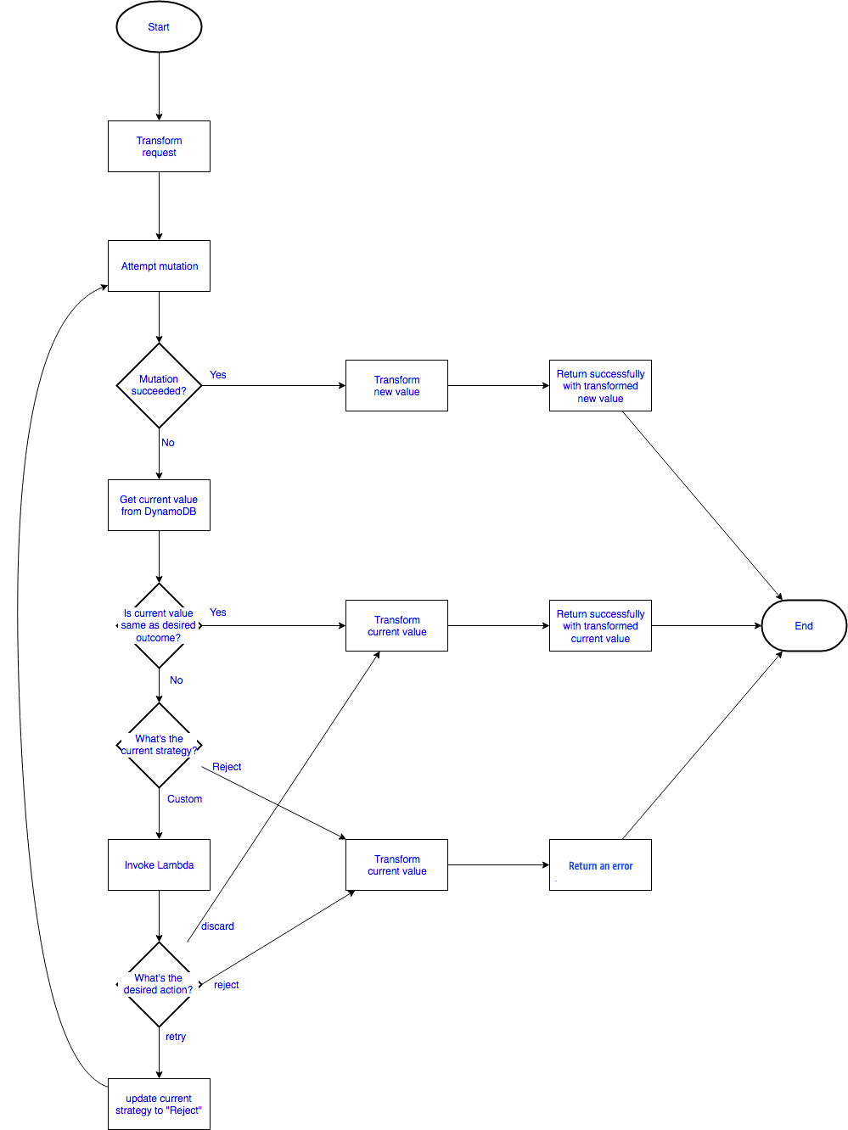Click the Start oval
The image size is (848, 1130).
pyautogui.click(x=159, y=27)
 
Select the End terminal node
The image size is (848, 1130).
pyautogui.click(x=803, y=626)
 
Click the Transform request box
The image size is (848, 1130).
pyautogui.click(x=159, y=147)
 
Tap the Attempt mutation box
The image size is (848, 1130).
pyautogui.click(x=159, y=266)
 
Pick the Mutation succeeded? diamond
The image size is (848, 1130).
pyautogui.click(x=159, y=385)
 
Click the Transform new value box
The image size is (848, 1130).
pyautogui.click(x=396, y=386)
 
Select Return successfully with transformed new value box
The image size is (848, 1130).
pyautogui.click(x=600, y=386)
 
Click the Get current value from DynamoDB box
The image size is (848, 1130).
pyautogui.click(x=159, y=506)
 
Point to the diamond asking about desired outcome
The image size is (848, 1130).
pyautogui.click(x=159, y=625)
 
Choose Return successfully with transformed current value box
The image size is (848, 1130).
pyautogui.click(x=600, y=626)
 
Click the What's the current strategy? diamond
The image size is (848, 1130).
pyautogui.click(x=159, y=745)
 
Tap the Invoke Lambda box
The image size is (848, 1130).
pyautogui.click(x=159, y=865)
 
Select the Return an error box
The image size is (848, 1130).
pyautogui.click(x=600, y=865)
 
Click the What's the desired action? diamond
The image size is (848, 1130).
pyautogui.click(x=159, y=984)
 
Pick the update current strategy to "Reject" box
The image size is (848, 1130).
pyautogui.click(x=159, y=1105)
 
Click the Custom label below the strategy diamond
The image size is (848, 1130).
pyautogui.click(x=184, y=799)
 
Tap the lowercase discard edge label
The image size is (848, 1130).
pyautogui.click(x=217, y=926)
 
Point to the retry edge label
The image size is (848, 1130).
pyautogui.click(x=176, y=1037)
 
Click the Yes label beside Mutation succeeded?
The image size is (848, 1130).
pyautogui.click(x=218, y=375)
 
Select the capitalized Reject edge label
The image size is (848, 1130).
pyautogui.click(x=227, y=767)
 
